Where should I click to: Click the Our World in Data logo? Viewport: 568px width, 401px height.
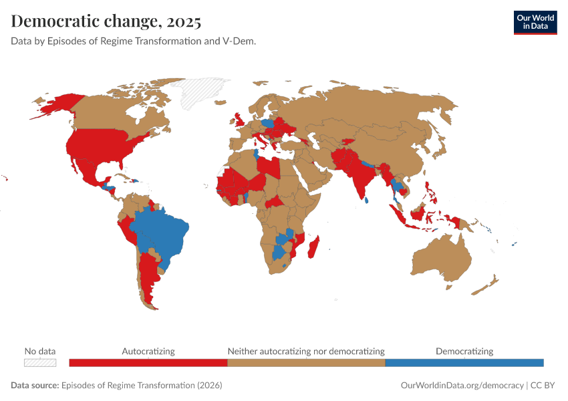pyautogui.click(x=535, y=22)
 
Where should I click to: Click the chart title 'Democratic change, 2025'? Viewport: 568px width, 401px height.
pyautogui.click(x=106, y=21)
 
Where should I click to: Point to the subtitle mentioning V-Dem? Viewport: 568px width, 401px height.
pyautogui.click(x=134, y=41)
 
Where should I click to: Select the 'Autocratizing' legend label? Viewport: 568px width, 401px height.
pyautogui.click(x=148, y=351)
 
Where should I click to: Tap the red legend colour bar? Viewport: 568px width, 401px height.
pyautogui.click(x=148, y=362)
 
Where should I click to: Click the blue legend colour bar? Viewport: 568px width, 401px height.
pyautogui.click(x=464, y=362)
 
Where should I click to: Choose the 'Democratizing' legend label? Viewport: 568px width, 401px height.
pyautogui.click(x=464, y=351)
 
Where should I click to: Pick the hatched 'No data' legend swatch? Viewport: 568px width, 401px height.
pyautogui.click(x=40, y=362)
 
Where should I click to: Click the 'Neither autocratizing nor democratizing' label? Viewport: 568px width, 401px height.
pyautogui.click(x=306, y=351)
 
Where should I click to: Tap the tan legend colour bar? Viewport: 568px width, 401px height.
pyautogui.click(x=306, y=362)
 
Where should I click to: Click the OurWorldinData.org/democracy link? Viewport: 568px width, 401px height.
pyautogui.click(x=462, y=386)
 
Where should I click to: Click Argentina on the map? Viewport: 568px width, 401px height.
pyautogui.click(x=148, y=281)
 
